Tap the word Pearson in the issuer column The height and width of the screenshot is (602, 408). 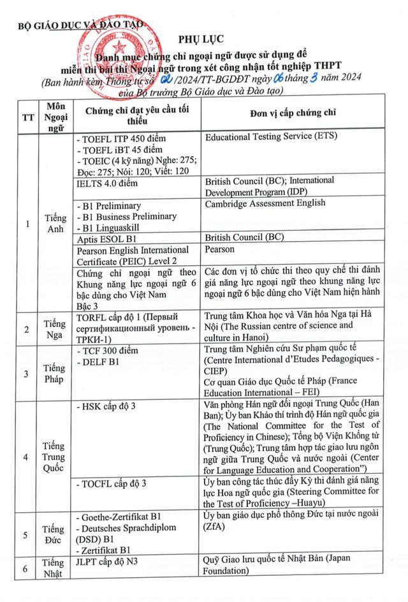click(x=220, y=249)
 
